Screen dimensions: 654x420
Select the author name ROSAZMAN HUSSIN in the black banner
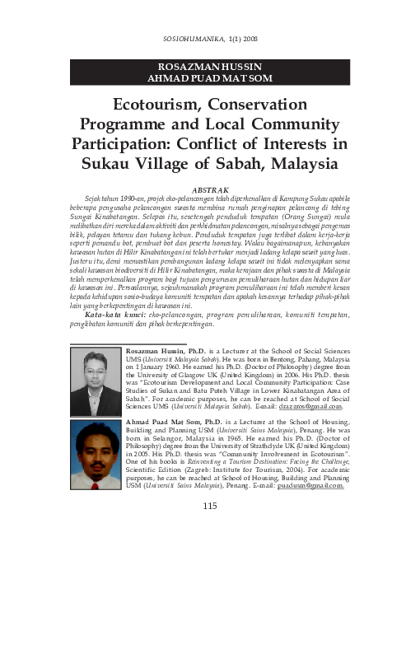pyautogui.click(x=209, y=66)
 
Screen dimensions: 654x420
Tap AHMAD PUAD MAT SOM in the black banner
pyautogui.click(x=209, y=78)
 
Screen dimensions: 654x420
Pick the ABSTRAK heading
pyautogui.click(x=209, y=189)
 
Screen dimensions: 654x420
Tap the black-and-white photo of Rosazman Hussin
pyautogui.click(x=96, y=381)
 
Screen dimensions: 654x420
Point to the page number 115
pyautogui.click(x=209, y=505)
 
